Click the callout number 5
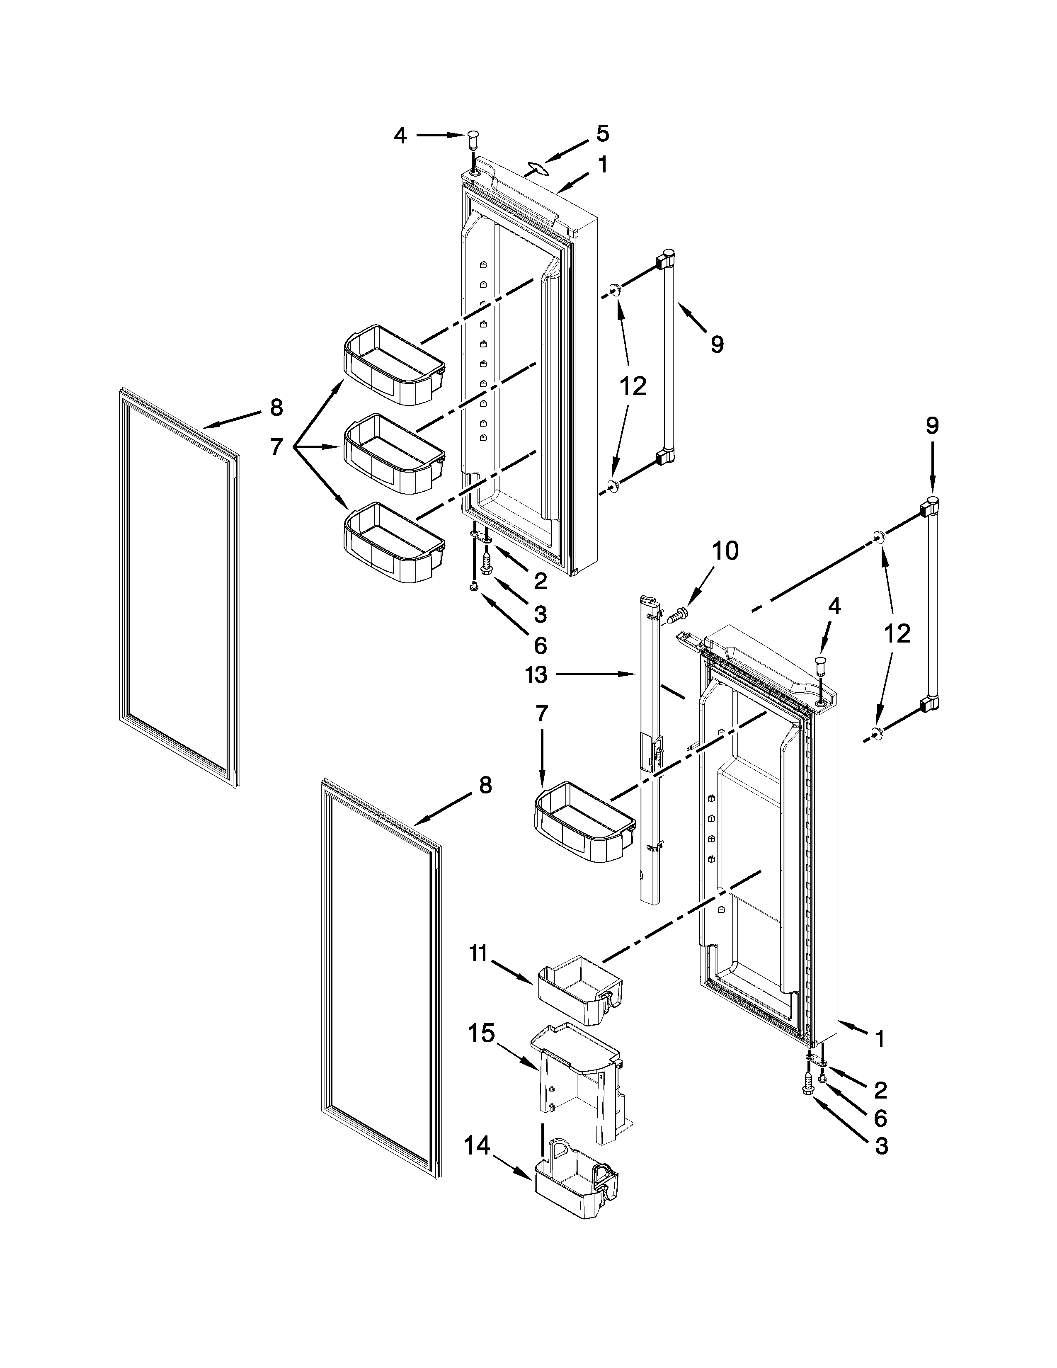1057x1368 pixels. (x=602, y=133)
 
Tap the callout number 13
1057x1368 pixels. (x=537, y=675)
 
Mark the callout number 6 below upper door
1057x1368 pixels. (x=540, y=645)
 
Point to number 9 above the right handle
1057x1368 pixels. (x=932, y=426)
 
